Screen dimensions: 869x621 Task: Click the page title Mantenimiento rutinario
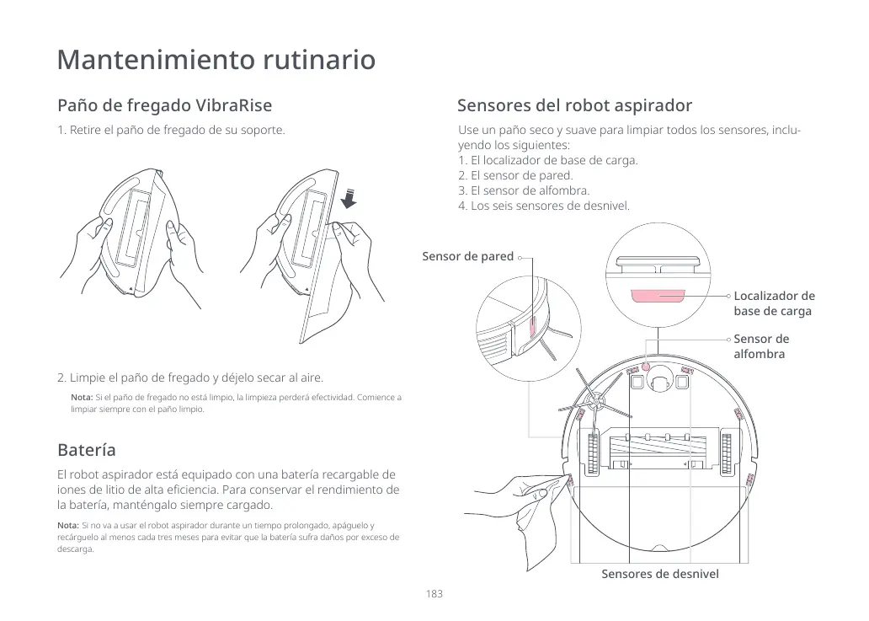tap(216, 61)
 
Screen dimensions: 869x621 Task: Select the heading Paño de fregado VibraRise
tap(164, 106)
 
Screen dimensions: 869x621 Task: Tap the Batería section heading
tap(86, 449)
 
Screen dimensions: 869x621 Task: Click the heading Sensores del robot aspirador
tap(574, 106)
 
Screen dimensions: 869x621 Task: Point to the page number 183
tap(434, 594)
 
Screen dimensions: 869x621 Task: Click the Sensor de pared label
tap(467, 256)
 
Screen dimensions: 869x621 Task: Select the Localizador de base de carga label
tap(774, 303)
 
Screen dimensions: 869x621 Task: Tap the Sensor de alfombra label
tap(761, 346)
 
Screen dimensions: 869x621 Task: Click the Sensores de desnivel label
tap(659, 574)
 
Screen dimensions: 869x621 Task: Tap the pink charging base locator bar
tap(658, 297)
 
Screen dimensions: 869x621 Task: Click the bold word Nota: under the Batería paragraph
tap(67, 525)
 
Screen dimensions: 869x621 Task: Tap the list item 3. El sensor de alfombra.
tap(524, 190)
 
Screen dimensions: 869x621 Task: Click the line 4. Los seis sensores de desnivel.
tap(543, 206)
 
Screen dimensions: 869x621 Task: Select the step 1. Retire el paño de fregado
tap(171, 131)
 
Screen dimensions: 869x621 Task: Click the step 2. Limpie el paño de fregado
tap(189, 377)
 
